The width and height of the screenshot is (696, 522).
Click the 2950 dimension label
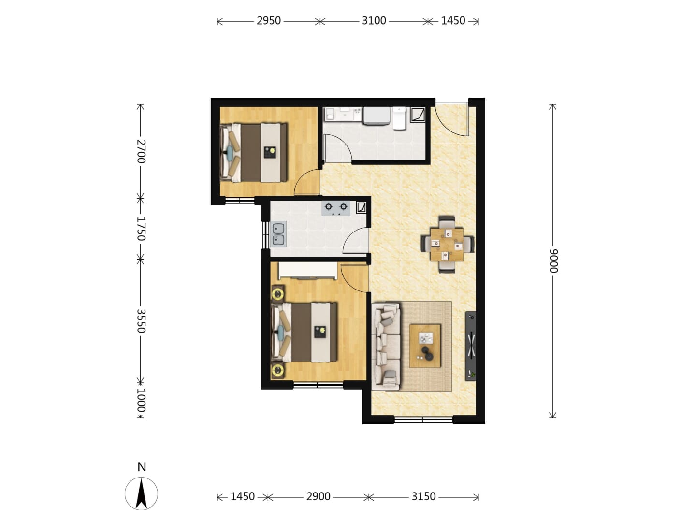268,21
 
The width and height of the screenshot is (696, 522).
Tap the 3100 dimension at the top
374,21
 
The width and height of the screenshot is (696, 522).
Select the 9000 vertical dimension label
553,261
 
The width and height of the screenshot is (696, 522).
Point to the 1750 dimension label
141,229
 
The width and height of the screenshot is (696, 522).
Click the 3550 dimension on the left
141,321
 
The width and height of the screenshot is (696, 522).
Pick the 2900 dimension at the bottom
318,496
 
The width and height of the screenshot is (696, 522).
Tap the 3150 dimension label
423,496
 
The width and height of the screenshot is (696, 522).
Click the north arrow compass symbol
141,494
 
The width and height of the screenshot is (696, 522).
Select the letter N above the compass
142,467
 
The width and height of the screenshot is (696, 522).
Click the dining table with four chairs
447,244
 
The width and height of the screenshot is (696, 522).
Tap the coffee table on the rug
424,346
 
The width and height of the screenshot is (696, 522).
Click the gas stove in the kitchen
336,208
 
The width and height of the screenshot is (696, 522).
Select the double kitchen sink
278,234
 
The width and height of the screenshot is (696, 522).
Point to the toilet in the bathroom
399,118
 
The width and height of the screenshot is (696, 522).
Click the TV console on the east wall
471,346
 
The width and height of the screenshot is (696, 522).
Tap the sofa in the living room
386,347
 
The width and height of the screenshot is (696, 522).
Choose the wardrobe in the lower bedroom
307,271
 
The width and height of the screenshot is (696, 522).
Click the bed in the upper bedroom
254,153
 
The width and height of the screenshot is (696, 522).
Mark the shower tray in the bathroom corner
418,115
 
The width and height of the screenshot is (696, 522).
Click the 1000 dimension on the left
141,400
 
